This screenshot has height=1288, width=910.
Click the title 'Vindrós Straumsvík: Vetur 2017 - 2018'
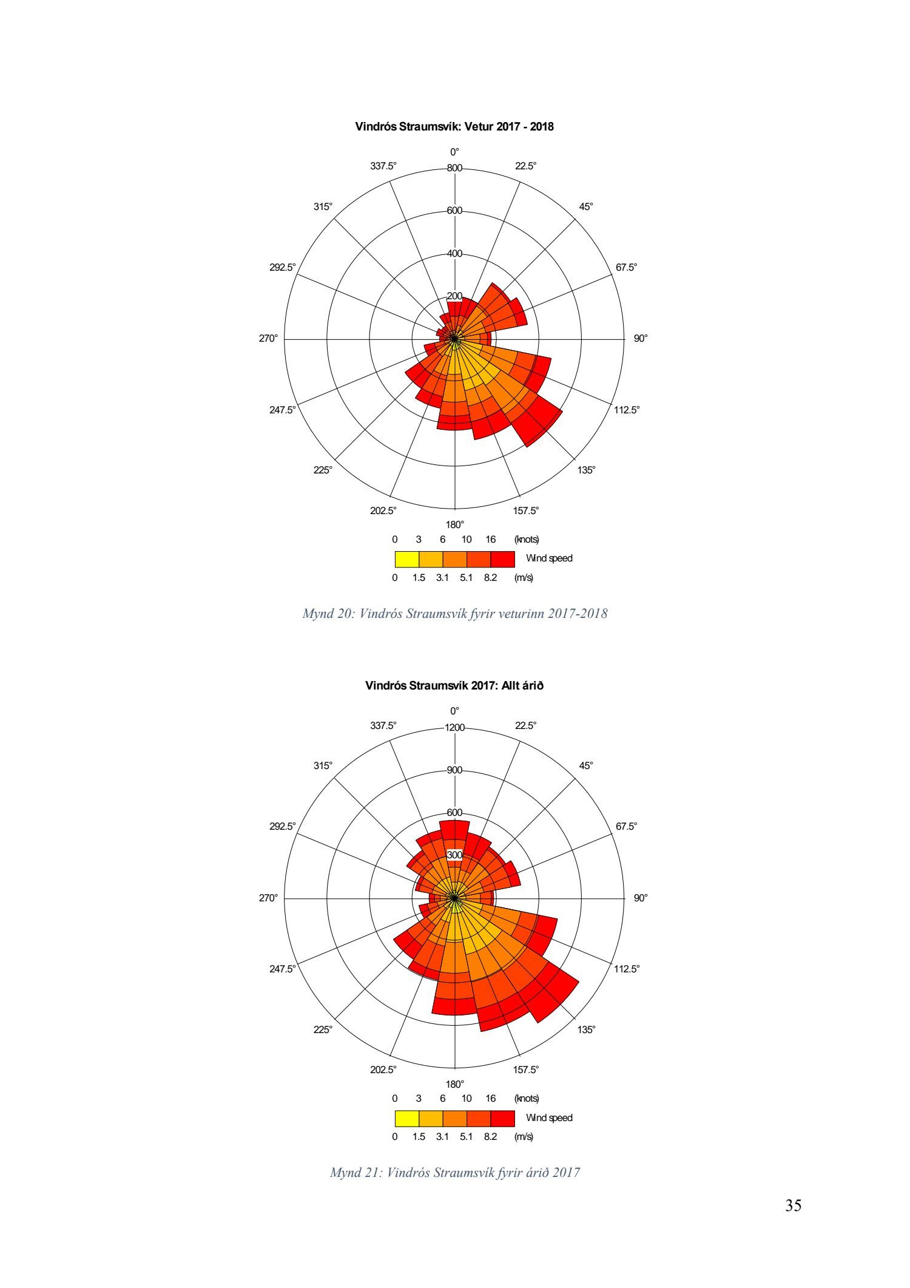pyautogui.click(x=454, y=127)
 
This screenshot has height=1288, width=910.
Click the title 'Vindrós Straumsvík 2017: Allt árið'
pyautogui.click(x=454, y=686)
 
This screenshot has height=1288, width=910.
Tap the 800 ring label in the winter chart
pyautogui.click(x=454, y=168)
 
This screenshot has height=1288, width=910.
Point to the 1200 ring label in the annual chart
pyautogui.click(x=454, y=728)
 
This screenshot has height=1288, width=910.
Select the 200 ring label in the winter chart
pyautogui.click(x=454, y=296)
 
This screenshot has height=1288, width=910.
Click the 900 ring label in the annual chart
pyautogui.click(x=454, y=770)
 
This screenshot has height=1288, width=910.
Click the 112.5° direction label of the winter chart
pyautogui.click(x=627, y=410)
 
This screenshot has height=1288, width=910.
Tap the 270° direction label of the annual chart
pyautogui.click(x=268, y=898)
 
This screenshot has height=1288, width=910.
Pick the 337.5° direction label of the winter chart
pyautogui.click(x=383, y=166)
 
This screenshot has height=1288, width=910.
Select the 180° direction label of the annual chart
pyautogui.click(x=455, y=1084)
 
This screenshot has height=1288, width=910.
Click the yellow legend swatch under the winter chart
pyautogui.click(x=406, y=558)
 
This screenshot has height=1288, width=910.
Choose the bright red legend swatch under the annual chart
pyautogui.click(x=502, y=1118)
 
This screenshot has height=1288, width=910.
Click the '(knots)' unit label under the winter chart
pyautogui.click(x=527, y=539)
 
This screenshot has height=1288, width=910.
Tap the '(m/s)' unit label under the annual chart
pyautogui.click(x=524, y=1136)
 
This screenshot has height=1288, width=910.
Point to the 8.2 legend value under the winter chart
pyautogui.click(x=490, y=578)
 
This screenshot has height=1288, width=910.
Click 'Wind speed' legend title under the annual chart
pyautogui.click(x=549, y=1118)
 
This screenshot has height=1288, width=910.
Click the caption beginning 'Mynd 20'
pyautogui.click(x=454, y=614)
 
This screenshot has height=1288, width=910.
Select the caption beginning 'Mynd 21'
pyautogui.click(x=454, y=1173)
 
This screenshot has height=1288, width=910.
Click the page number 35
pyautogui.click(x=793, y=1205)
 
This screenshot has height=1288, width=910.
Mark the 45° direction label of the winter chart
pyautogui.click(x=585, y=206)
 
